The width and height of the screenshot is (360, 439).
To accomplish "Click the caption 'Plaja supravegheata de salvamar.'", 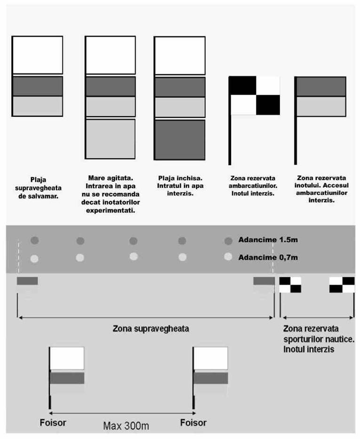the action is (x=38, y=188).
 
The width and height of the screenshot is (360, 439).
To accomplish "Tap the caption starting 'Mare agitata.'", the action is (x=111, y=194).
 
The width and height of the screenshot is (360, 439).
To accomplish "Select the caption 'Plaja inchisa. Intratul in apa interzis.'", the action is (x=180, y=186).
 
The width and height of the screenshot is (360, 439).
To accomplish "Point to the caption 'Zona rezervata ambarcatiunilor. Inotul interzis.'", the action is (x=253, y=186).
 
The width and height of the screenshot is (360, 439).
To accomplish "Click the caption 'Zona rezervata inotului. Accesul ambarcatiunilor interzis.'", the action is (x=321, y=189).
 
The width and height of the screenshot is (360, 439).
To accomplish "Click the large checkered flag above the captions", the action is (x=254, y=95).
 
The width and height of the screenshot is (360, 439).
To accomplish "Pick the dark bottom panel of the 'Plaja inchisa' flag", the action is (x=180, y=140).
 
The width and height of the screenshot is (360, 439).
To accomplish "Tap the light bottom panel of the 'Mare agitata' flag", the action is (x=110, y=139).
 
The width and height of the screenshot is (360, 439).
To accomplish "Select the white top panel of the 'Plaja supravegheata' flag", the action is (x=38, y=55).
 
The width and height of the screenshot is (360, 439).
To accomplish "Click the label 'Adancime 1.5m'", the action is (x=268, y=239).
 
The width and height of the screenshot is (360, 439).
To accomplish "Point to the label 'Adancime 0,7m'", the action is (x=268, y=257).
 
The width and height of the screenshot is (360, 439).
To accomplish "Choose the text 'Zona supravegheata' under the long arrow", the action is (x=151, y=328).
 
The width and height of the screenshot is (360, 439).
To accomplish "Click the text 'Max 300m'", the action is (x=126, y=426).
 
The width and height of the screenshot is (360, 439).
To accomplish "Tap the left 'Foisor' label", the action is (x=53, y=423).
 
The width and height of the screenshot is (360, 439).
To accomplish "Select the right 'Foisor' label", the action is (x=193, y=423).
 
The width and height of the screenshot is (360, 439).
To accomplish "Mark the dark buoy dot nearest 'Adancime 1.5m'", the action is (x=228, y=241).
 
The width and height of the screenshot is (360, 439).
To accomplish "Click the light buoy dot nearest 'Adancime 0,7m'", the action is (x=228, y=256).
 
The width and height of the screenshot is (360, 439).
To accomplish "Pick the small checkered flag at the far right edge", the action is (x=342, y=285).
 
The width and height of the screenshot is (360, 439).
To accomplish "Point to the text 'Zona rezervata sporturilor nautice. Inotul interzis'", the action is (x=319, y=339).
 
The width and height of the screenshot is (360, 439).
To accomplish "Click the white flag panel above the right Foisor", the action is (x=211, y=358).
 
